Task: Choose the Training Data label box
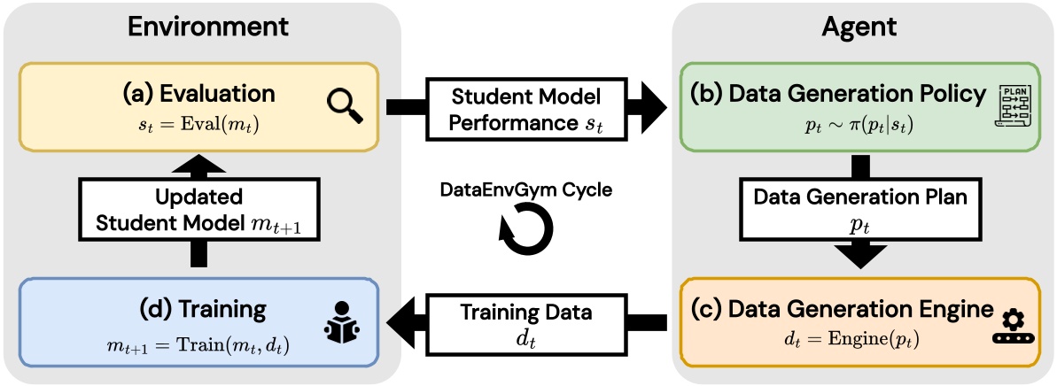[529, 322]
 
